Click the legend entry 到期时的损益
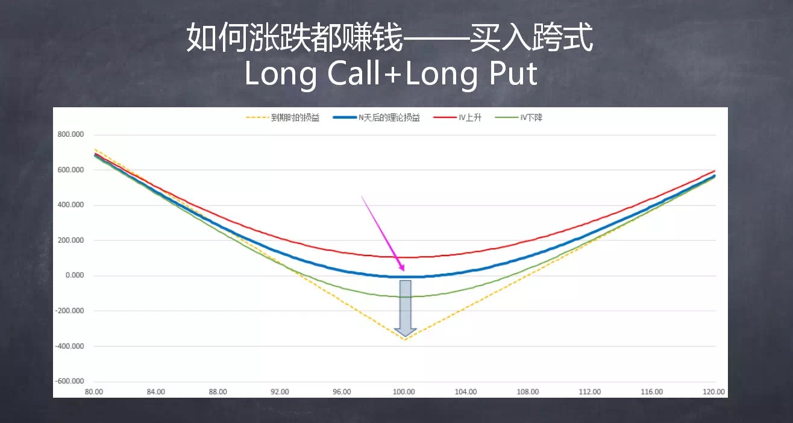coord(283,117)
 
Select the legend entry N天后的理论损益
coord(377,117)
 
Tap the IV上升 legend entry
coord(457,117)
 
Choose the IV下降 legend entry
coord(519,117)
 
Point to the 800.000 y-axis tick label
coord(71,134)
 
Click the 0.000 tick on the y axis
coord(75,275)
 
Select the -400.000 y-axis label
coord(69,346)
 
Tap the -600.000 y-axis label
coord(69,381)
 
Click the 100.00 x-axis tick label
coord(404,392)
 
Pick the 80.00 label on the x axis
coord(94,392)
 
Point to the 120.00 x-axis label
coord(713,392)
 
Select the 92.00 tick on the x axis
coord(280,392)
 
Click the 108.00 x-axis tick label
coord(528,392)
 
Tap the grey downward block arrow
coord(406,308)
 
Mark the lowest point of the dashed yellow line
coord(405,340)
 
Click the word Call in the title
coord(354,74)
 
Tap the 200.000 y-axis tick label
coord(71,240)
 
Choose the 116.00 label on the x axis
coord(652,392)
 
